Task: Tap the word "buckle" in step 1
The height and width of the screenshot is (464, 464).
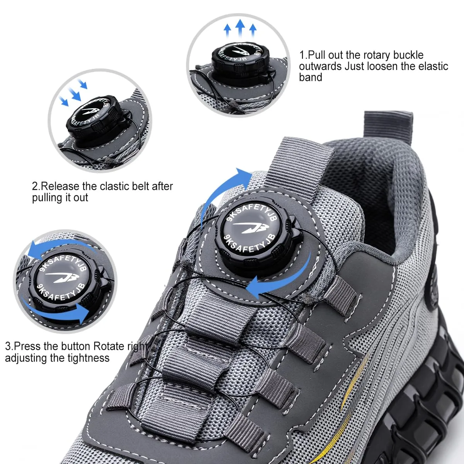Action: tap(409, 55)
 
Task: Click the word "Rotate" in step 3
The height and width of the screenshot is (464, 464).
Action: tap(109, 346)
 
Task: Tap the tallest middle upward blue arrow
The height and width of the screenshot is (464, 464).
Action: tap(240, 28)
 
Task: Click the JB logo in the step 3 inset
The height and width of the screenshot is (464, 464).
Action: tap(63, 278)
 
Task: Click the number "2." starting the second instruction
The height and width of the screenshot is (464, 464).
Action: tap(36, 186)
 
